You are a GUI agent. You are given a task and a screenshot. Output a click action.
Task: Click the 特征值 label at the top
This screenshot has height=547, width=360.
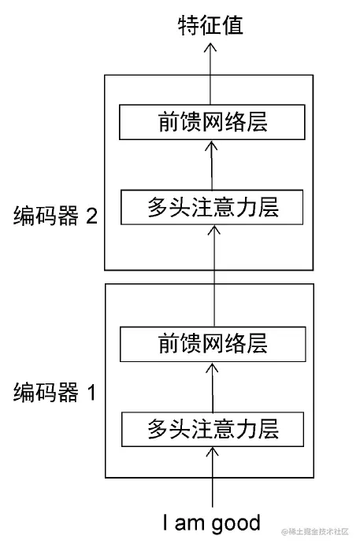tap(210, 25)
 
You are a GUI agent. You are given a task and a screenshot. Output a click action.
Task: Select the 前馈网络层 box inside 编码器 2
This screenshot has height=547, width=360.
tap(210, 124)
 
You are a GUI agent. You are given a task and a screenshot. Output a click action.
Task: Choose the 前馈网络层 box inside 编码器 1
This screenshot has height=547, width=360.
tap(210, 343)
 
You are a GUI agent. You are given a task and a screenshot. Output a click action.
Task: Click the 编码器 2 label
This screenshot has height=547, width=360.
tap(55, 216)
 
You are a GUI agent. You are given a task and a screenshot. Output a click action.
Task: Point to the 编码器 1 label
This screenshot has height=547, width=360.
tap(55, 391)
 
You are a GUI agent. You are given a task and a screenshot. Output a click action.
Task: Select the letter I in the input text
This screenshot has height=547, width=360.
tap(165, 523)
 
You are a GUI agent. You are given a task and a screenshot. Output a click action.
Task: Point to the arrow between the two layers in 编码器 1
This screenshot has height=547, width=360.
tap(212, 386)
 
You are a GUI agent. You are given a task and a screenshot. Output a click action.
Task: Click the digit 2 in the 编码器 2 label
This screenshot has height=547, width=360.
tap(91, 216)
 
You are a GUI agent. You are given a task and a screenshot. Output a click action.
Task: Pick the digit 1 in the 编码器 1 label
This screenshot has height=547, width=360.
tap(91, 391)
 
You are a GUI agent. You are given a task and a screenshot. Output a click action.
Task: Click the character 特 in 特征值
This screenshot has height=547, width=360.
tap(187, 25)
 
